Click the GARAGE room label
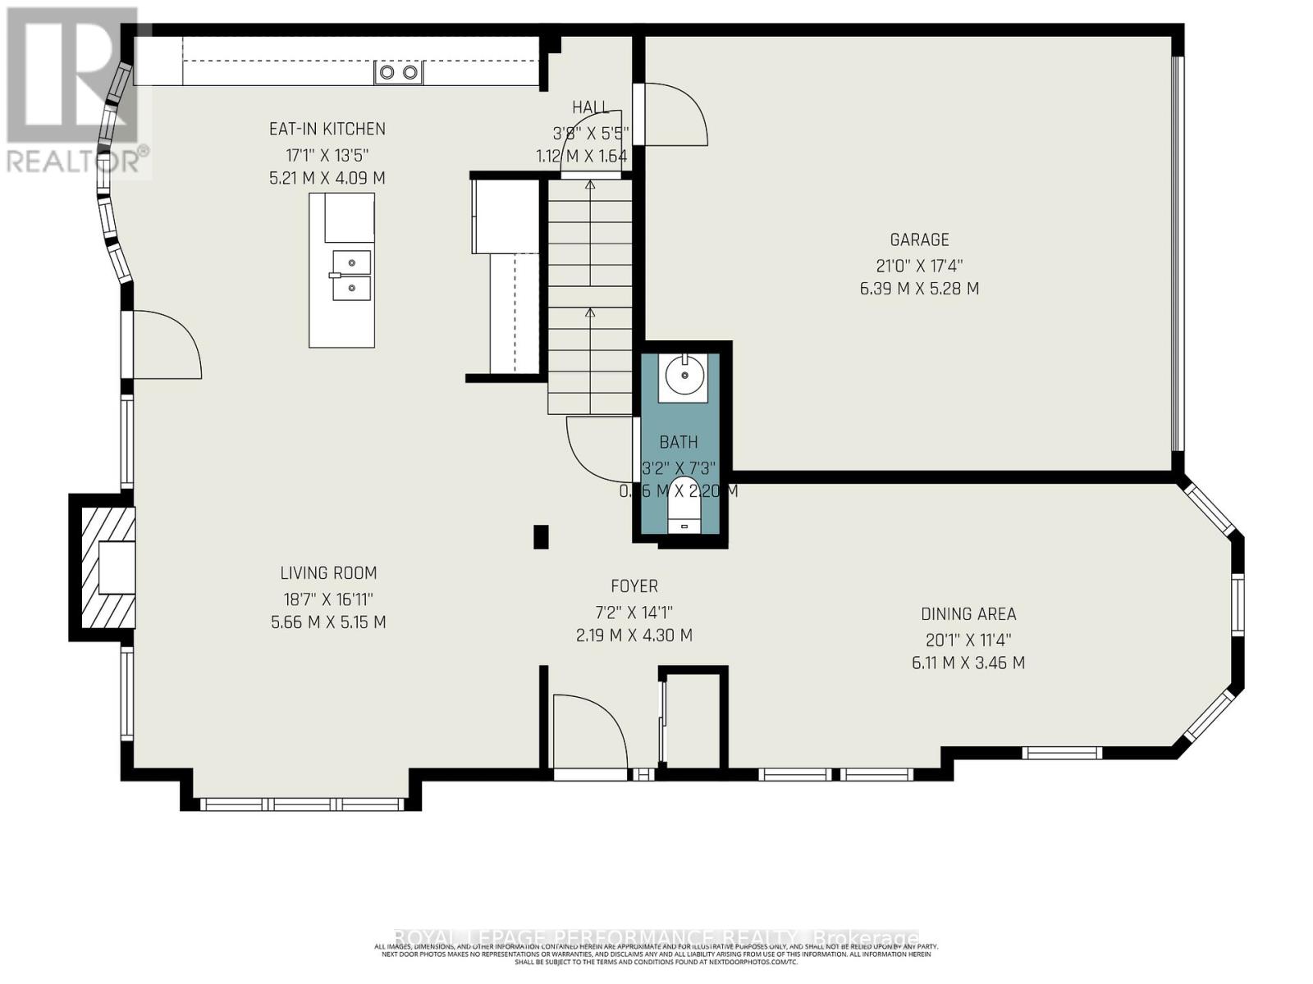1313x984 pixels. pyautogui.click(x=919, y=239)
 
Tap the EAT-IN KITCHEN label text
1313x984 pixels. pyautogui.click(x=327, y=129)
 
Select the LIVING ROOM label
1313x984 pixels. pyautogui.click(x=328, y=573)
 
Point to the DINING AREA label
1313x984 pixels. pyautogui.click(x=968, y=613)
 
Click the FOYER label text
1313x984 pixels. pyautogui.click(x=634, y=586)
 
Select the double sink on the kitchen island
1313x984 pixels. pyautogui.click(x=350, y=276)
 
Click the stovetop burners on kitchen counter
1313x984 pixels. pyautogui.click(x=398, y=73)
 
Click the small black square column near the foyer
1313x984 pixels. pyautogui.click(x=541, y=537)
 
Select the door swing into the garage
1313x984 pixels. pyautogui.click(x=675, y=115)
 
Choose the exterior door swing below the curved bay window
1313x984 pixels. pyautogui.click(x=167, y=344)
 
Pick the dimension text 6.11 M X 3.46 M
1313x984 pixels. pyautogui.click(x=968, y=663)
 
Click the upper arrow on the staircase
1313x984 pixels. pyautogui.click(x=590, y=185)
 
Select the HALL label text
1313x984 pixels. pyautogui.click(x=591, y=107)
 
